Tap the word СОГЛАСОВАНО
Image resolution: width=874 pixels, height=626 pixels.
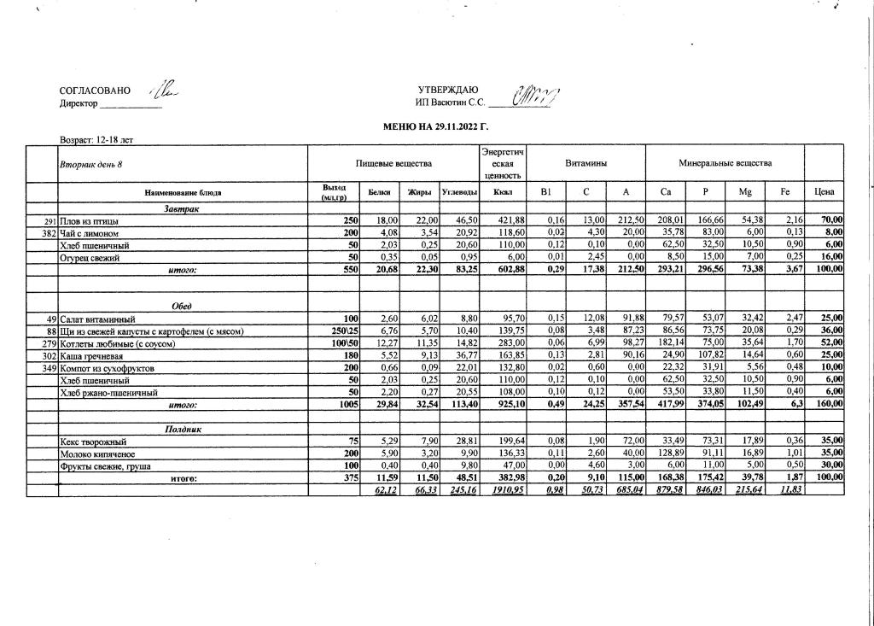95,91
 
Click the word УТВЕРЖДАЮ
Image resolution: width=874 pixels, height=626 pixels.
447,91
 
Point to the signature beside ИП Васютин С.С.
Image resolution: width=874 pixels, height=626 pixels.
533,96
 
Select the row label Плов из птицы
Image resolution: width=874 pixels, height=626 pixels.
89,221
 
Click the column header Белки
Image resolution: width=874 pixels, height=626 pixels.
379,193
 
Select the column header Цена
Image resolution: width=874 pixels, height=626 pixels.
824,193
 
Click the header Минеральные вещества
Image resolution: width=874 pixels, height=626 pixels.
725,162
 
